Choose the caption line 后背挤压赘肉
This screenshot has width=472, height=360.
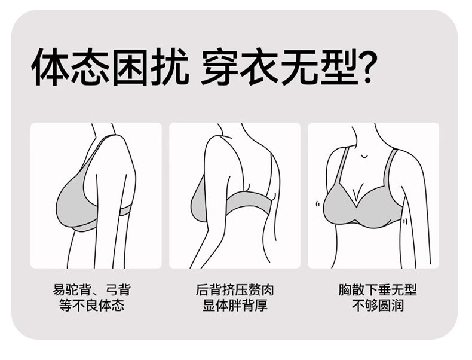pos(234,290)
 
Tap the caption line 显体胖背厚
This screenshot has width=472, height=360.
pos(234,306)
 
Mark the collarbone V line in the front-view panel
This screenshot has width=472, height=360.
pos(364,154)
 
